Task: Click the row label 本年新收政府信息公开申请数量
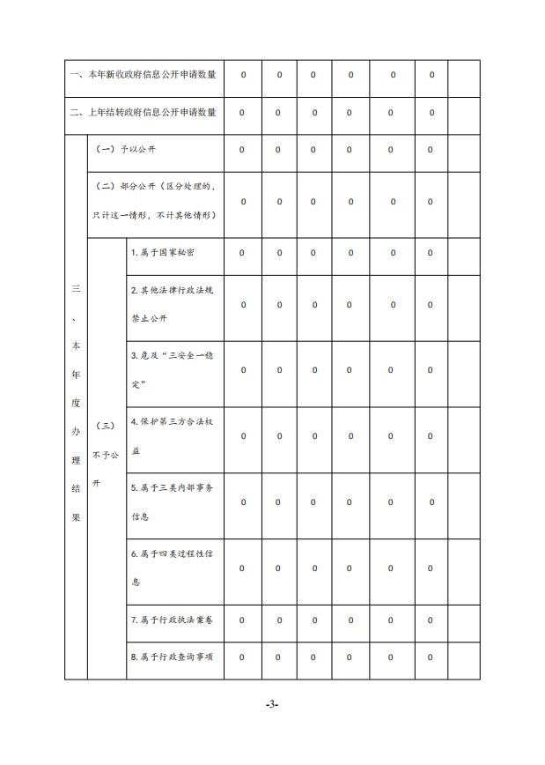(x=143, y=75)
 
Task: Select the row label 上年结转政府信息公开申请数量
(x=143, y=112)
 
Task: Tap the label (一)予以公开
(x=126, y=150)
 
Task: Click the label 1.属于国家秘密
(x=163, y=253)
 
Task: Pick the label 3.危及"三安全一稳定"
(x=172, y=369)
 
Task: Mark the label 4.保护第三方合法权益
(x=172, y=435)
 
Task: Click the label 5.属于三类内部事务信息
(x=172, y=501)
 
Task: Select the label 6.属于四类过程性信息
(x=172, y=568)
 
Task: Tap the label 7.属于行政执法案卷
(x=172, y=620)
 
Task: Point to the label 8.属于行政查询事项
(x=172, y=657)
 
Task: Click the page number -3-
(x=272, y=704)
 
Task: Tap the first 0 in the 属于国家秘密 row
(x=243, y=253)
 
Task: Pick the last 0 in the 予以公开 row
(x=431, y=150)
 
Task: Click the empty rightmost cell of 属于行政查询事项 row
(x=464, y=657)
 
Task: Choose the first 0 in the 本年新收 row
(x=243, y=75)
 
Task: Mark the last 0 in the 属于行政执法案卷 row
(x=431, y=620)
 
